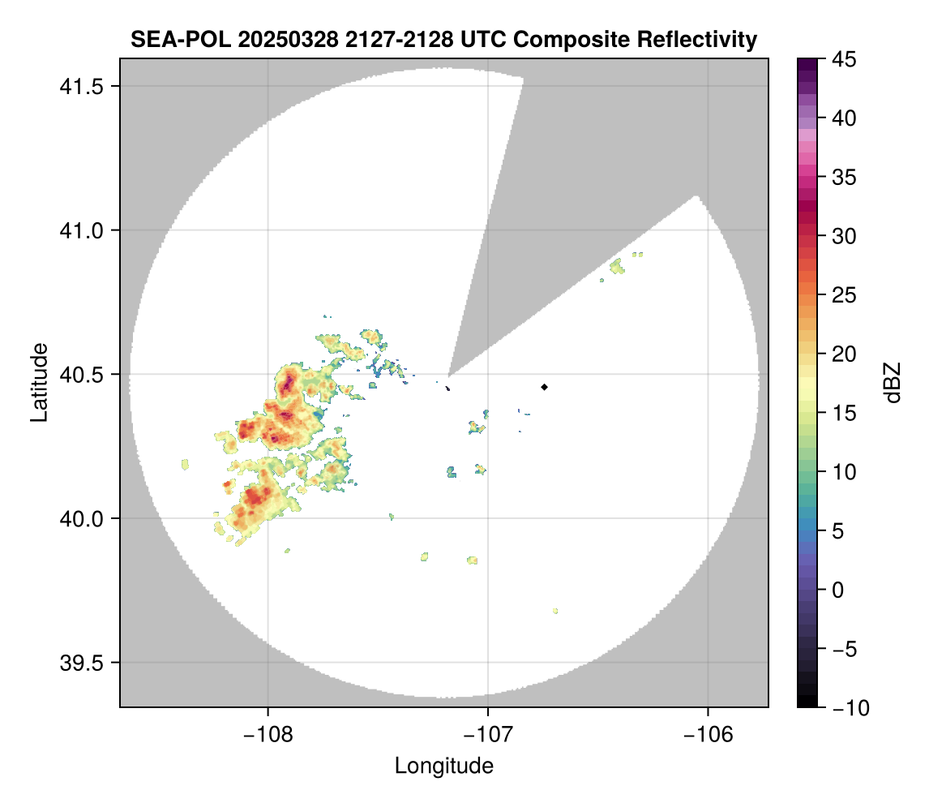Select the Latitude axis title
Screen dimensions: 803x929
pos(38,382)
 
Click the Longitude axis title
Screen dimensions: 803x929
pos(443,765)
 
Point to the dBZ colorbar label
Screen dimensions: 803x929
pos(893,382)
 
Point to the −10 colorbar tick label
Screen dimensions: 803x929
pos(843,707)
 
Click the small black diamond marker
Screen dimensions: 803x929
pos(544,387)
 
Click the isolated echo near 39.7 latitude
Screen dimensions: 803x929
pos(555,611)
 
